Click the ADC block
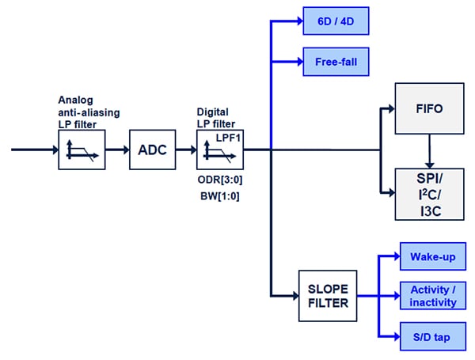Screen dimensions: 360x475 click(153, 149)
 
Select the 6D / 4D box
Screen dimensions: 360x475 click(336, 21)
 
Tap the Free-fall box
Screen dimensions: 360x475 click(336, 61)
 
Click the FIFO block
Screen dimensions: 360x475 click(428, 108)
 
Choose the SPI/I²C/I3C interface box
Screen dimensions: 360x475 click(428, 193)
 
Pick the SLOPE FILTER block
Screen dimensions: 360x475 click(324, 294)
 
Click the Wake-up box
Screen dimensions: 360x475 click(431, 256)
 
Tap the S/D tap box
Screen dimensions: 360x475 click(431, 337)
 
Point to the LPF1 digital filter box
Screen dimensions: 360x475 click(220, 149)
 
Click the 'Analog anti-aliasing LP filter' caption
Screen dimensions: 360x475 click(89, 112)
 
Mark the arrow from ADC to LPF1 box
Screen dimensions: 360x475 click(186, 149)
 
